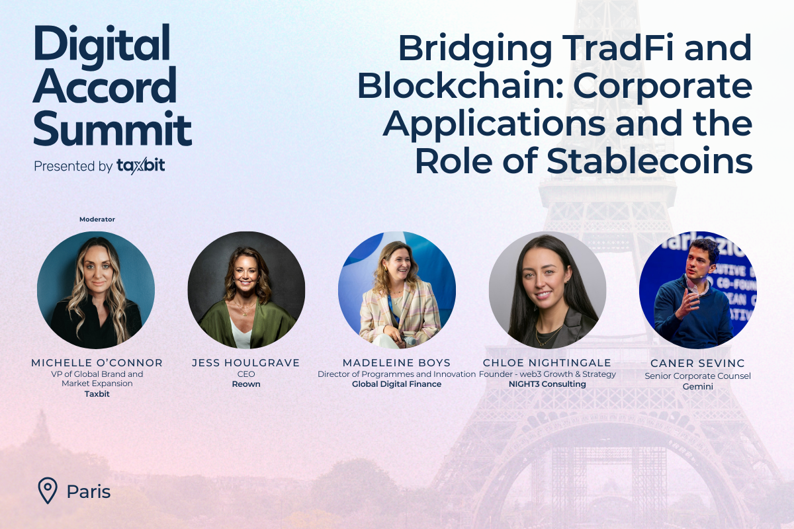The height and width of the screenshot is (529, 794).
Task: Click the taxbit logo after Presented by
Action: click(140, 166)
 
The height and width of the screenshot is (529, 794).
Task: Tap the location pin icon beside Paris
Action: click(47, 491)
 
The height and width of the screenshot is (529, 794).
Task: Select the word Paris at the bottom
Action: click(89, 492)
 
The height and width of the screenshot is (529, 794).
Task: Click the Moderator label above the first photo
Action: click(97, 219)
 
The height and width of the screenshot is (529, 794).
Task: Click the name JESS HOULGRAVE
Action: click(245, 362)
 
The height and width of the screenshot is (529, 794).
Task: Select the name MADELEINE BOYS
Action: click(396, 362)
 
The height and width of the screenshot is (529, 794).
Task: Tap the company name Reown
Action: click(246, 384)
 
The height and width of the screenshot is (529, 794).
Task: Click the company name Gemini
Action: click(698, 386)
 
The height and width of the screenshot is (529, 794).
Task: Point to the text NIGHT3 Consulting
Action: click(547, 384)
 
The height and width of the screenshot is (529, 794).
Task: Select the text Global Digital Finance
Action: click(396, 384)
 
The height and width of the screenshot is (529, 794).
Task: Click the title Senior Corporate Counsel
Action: click(698, 376)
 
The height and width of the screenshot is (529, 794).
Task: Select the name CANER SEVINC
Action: click(698, 363)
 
